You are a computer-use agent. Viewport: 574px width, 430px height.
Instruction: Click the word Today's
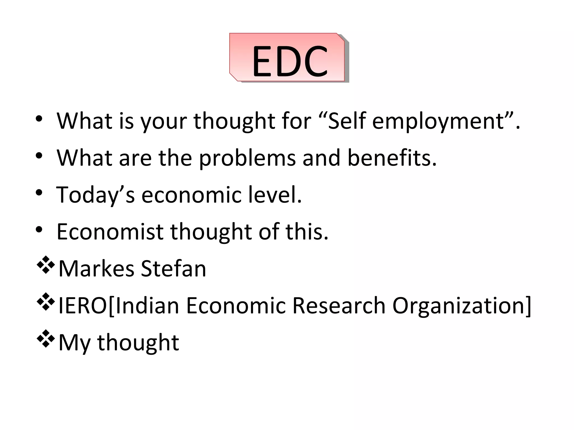coord(96,195)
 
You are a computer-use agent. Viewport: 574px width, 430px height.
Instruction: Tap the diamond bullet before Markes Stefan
coord(45,265)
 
